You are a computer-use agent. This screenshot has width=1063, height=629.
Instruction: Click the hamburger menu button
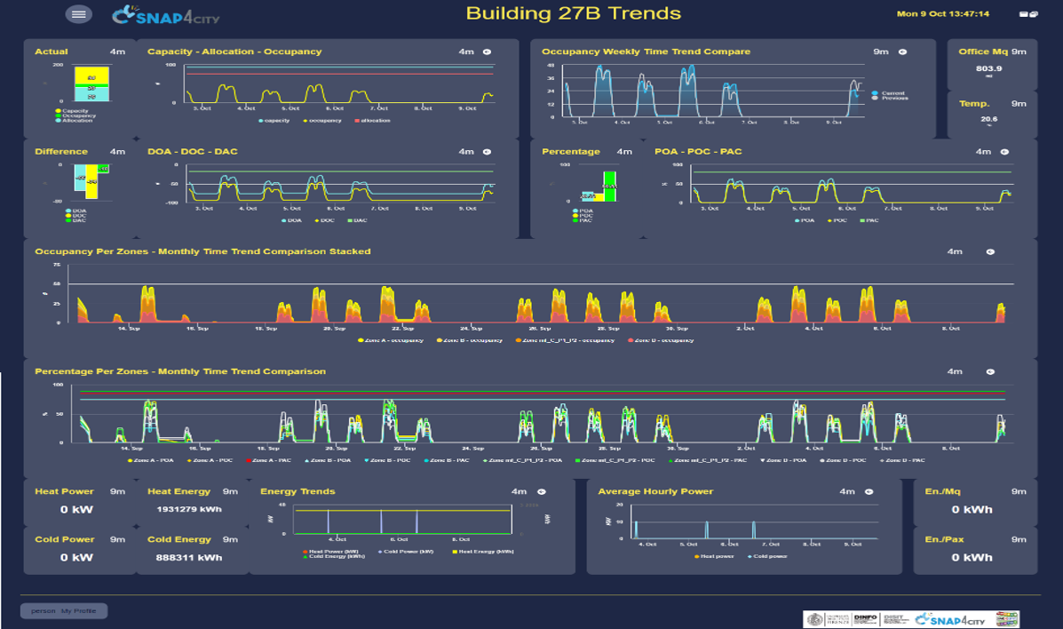[78, 14]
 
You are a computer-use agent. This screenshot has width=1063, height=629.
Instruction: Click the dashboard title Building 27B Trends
[573, 13]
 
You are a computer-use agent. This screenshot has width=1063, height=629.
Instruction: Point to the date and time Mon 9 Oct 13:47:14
[942, 14]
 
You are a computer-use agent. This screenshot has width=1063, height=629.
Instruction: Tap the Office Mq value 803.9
[988, 68]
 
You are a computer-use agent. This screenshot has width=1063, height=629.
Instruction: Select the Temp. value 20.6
[988, 118]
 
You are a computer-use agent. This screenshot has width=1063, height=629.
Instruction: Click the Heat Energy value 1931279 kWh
[185, 510]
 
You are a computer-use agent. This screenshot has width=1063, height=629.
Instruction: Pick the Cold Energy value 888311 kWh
[185, 558]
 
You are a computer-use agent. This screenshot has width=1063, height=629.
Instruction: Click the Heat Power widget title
[64, 491]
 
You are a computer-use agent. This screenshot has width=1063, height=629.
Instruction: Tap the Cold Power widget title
[64, 539]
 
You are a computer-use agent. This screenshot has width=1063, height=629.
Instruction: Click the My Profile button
[64, 611]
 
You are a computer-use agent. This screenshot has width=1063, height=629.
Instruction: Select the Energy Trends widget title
[297, 491]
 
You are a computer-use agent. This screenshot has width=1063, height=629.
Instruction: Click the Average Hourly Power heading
[655, 491]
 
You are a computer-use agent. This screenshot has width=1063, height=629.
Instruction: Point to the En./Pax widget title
[944, 539]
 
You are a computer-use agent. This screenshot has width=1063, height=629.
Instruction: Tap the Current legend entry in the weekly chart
[891, 92]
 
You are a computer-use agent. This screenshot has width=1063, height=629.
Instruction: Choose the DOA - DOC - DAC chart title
[193, 151]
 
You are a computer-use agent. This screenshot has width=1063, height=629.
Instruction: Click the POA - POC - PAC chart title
[698, 151]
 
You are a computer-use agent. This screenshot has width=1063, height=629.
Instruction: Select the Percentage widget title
[571, 151]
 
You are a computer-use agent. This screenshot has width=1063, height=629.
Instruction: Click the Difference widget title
[61, 151]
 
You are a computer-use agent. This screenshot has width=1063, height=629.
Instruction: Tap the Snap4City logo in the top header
[166, 15]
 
